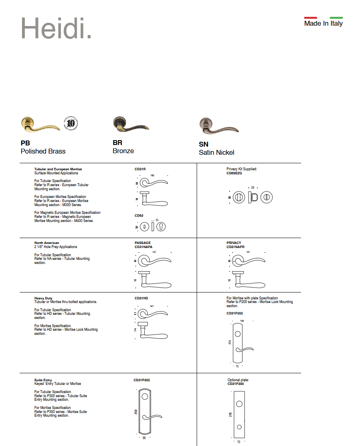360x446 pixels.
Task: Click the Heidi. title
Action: (x=56, y=28)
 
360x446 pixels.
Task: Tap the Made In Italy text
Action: (x=323, y=24)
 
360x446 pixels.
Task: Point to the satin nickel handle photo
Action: (x=219, y=126)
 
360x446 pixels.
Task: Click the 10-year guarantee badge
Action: (x=70, y=123)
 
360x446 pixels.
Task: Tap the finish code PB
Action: (x=25, y=143)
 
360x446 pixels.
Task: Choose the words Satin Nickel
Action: (x=216, y=153)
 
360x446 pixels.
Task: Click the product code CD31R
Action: (x=140, y=169)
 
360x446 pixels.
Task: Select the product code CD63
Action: (x=139, y=215)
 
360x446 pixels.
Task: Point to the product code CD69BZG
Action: (x=234, y=173)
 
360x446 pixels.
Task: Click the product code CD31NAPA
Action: (x=144, y=247)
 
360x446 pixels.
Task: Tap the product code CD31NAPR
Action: (x=236, y=247)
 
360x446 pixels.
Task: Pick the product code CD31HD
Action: (x=141, y=298)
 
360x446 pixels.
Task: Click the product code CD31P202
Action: (x=235, y=314)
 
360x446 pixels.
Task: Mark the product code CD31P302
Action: (x=142, y=380)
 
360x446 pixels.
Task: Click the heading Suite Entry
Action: (x=43, y=380)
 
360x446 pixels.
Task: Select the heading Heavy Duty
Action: (x=43, y=298)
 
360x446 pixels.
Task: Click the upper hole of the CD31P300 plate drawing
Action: (x=239, y=404)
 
